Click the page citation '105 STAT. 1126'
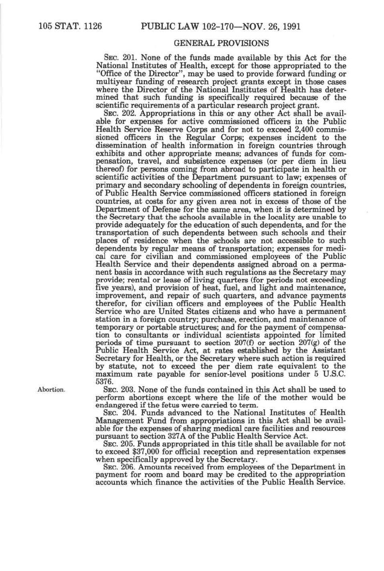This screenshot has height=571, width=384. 70,27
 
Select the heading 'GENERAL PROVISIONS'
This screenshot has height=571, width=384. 221,43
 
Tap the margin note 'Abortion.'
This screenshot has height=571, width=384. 51,390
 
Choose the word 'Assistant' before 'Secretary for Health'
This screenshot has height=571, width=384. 328,351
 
